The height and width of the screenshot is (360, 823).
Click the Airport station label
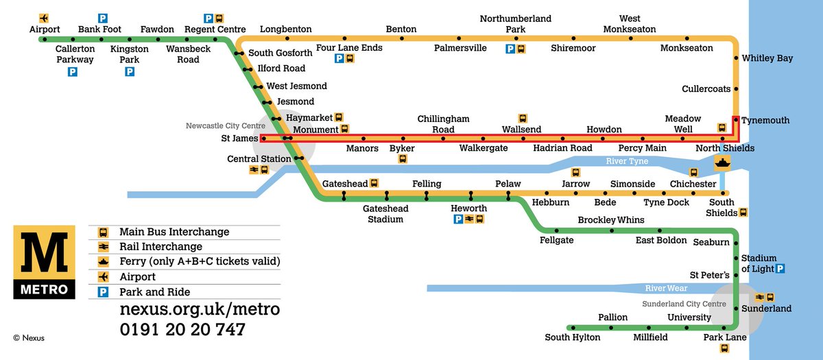45,29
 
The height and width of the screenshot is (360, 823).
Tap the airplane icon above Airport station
45,17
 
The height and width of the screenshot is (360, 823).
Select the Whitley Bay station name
767,58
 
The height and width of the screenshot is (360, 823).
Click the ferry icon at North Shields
722,163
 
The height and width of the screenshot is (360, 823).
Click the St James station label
235,139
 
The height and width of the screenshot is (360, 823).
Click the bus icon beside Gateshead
374,183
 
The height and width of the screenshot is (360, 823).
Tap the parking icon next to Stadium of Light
780,269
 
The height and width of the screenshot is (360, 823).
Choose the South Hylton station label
572,337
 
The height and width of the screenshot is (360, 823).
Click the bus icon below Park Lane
724,348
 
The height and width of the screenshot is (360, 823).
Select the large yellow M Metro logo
44,263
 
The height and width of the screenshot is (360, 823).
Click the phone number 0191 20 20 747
182,330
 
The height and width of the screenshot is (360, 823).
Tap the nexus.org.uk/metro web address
200,309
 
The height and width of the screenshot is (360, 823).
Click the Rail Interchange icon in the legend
103,247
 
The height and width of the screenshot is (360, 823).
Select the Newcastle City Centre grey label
225,125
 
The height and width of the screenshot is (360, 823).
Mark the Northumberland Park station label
515,24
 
